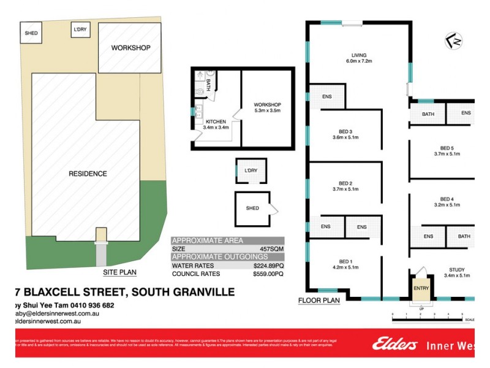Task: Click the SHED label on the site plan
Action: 30,33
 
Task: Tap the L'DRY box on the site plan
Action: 80,29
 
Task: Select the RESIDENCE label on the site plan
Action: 88,174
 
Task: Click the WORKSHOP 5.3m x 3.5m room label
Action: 267,107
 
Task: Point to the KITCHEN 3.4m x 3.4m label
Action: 217,125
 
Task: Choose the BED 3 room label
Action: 345,134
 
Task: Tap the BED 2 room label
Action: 345,186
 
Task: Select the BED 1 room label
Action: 345,264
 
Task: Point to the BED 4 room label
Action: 447,202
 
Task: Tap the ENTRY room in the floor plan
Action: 421,288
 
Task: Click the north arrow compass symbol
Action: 454,41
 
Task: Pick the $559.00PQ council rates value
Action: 268,274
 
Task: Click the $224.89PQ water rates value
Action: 268,266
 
